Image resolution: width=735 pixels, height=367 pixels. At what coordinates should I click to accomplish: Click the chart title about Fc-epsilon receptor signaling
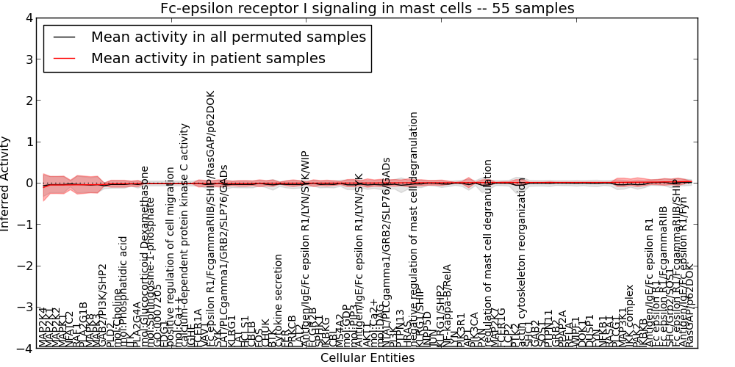367,9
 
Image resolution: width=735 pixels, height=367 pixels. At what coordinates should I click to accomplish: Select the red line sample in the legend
65,58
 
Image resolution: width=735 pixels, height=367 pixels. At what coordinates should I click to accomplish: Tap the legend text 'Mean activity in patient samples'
208,58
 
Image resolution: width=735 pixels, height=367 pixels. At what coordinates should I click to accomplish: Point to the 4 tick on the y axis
27,18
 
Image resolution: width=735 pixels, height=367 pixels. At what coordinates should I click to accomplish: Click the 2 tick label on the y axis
27,101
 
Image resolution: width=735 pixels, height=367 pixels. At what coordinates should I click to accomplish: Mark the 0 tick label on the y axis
27,183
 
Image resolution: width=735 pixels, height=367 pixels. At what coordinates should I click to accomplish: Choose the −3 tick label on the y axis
24,307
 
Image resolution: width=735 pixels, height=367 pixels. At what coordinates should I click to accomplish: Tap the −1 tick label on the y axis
24,225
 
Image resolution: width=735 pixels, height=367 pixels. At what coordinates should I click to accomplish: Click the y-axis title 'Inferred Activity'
7,183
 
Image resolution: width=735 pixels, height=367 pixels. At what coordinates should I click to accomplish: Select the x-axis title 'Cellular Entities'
367,358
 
